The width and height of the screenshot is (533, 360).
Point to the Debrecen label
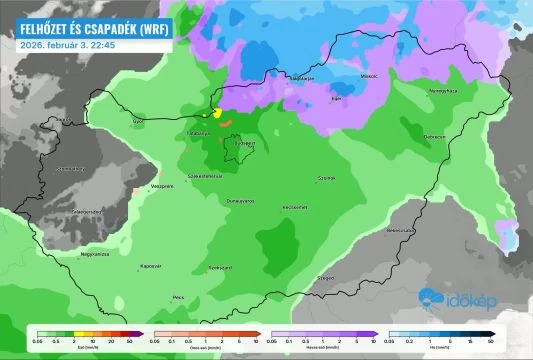[434, 137]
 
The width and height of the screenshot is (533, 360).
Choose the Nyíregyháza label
[442, 91]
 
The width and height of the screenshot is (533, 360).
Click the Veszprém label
[135, 186]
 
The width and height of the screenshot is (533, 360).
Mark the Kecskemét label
[292, 207]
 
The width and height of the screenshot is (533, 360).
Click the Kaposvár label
[151, 266]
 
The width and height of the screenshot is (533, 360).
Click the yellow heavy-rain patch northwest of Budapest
[217, 113]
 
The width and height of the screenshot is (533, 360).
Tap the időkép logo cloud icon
[432, 296]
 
